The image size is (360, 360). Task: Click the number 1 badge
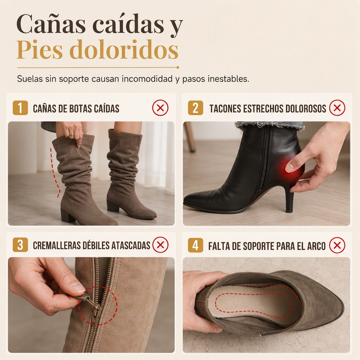(20, 108)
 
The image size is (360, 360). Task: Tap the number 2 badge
(195, 108)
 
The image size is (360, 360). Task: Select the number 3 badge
(20, 245)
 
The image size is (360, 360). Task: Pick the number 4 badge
(195, 245)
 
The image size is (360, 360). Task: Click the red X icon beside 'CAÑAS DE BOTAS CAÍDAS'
(160, 108)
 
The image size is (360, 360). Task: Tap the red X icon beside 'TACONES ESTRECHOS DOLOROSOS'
(337, 108)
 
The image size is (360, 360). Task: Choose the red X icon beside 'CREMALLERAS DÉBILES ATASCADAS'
(160, 245)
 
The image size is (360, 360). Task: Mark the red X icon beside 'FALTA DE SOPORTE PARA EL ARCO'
(337, 245)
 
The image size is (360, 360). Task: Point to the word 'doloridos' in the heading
(124, 49)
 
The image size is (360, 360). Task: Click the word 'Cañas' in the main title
(51, 24)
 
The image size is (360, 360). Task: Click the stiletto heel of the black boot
(290, 198)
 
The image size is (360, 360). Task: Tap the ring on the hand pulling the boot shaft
(72, 134)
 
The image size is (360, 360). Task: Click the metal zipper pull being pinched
(91, 303)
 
